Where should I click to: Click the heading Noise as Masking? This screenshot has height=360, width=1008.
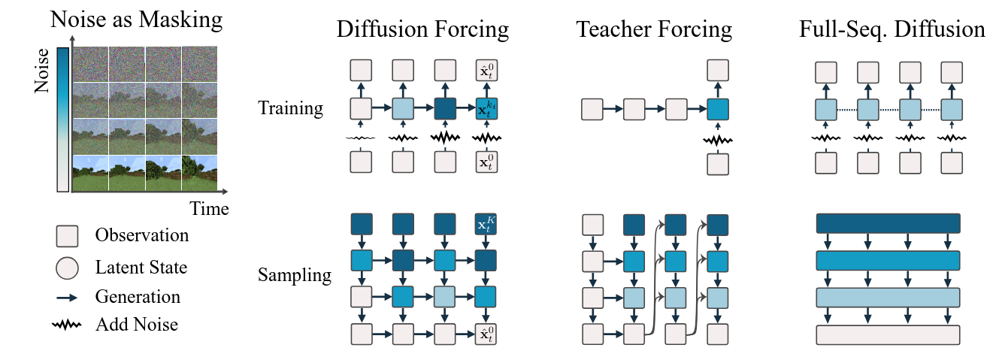pos(137,20)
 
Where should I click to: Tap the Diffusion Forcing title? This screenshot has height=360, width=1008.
pos(422,29)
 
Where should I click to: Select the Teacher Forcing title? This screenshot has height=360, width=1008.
pos(654,29)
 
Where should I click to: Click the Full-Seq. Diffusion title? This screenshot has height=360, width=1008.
pos(891,29)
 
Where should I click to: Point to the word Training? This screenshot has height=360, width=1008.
pos(290,108)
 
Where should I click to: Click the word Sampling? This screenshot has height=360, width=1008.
pos(294,274)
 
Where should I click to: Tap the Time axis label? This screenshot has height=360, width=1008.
pos(208,209)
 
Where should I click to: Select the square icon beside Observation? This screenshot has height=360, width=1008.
pos(67,236)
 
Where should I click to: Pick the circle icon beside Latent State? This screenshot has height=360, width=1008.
pos(67,266)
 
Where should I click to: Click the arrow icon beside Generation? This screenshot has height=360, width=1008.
pos(67,297)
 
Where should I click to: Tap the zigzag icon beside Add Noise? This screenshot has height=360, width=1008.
pos(67,325)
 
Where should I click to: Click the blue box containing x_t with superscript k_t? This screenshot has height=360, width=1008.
pos(488,110)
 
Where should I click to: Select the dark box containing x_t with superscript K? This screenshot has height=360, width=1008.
pos(488,224)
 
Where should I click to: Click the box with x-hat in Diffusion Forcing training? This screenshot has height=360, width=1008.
pos(488,71)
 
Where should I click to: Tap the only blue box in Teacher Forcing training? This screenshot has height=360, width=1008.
pos(719,110)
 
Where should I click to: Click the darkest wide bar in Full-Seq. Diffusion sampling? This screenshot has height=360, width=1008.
pos(888,224)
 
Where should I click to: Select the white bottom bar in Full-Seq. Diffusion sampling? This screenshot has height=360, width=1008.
pos(888,334)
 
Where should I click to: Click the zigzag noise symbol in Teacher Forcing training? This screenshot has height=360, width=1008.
pos(719,141)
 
